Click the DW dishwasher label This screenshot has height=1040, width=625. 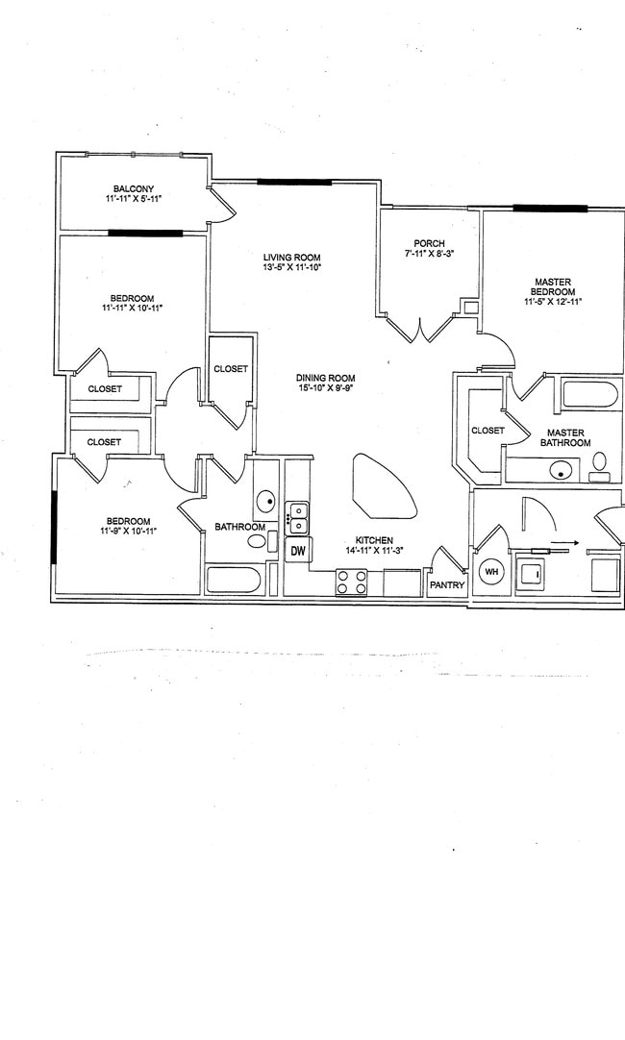point(298,551)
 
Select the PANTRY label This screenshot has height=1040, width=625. point(447,584)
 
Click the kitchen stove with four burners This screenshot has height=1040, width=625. point(351,582)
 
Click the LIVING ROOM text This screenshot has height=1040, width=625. point(291,258)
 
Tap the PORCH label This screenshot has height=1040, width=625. point(429,243)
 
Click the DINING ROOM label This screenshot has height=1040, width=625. point(326,378)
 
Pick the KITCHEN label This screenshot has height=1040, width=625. point(374,540)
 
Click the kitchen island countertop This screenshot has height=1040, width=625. point(383,485)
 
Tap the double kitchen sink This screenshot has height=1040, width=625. point(298,517)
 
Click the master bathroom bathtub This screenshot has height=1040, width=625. point(589,395)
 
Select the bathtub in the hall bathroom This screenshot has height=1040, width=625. point(234,580)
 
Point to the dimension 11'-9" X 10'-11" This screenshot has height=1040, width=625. point(128,531)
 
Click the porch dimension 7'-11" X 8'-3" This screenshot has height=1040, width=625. point(429,254)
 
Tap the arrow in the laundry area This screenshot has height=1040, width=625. point(568,543)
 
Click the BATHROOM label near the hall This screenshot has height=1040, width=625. point(239,527)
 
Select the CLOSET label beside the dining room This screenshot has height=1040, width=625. point(231,369)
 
